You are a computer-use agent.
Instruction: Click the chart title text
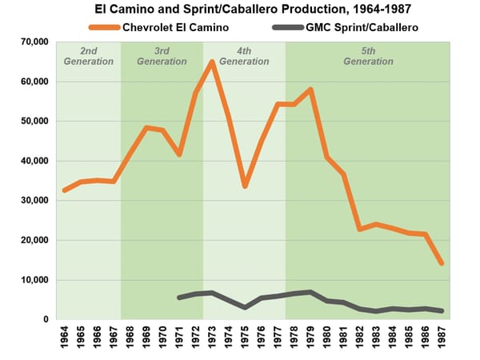253,9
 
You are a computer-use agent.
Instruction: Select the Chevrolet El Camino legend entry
158,27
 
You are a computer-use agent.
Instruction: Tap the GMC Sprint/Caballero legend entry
345,27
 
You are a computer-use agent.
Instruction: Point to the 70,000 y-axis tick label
34,42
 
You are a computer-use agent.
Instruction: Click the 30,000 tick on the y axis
34,200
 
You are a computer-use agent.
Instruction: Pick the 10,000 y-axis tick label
34,279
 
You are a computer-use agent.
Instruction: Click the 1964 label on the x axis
64,337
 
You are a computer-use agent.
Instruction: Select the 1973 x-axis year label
212,337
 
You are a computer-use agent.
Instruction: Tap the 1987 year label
442,337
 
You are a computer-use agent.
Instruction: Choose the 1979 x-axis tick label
310,337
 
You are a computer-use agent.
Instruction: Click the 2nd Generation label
89,56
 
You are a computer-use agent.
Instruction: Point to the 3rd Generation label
162,56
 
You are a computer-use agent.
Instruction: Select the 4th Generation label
244,56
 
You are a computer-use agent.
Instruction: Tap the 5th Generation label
368,56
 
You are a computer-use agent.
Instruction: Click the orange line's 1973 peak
212,62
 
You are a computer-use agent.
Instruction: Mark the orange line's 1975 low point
245,186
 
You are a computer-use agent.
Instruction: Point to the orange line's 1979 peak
310,90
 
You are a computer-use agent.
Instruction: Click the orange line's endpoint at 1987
442,263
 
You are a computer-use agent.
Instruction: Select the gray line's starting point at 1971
179,298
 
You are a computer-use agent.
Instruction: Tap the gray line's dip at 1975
245,307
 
